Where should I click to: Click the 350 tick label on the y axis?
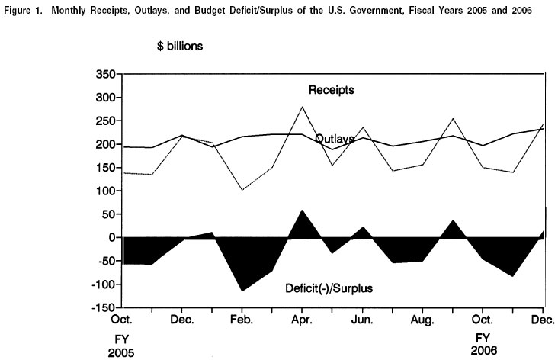[x=105, y=74]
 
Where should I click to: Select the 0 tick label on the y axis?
[x=111, y=237]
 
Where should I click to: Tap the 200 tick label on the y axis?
[x=105, y=144]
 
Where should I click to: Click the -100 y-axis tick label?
[x=102, y=284]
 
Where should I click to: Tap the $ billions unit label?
[x=180, y=46]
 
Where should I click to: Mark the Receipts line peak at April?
[x=303, y=107]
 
